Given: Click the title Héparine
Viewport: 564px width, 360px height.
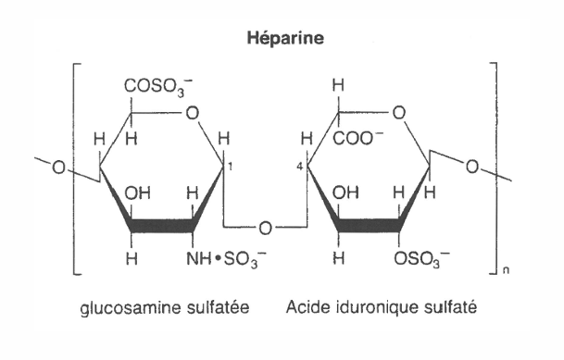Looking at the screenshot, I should [282, 40].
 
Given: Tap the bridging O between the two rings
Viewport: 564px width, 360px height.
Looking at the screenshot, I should [266, 227].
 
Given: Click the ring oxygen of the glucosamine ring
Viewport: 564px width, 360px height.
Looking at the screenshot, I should [191, 114].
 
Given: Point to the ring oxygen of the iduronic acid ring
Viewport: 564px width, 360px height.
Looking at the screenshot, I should [398, 114].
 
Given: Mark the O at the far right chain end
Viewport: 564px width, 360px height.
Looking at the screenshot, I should [472, 168].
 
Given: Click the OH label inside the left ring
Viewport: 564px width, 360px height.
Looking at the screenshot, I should [137, 196].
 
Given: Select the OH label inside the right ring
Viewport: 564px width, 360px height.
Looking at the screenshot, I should [344, 196].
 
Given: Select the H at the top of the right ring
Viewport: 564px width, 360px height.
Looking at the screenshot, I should [339, 86].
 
